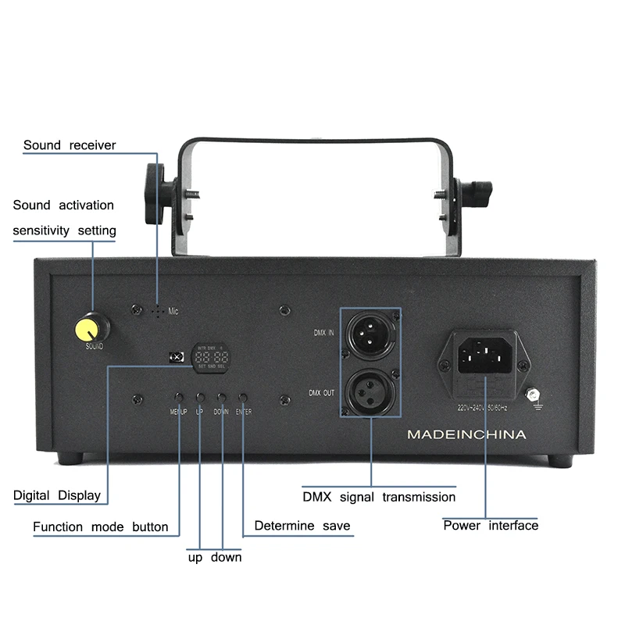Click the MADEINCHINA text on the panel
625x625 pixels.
tap(467, 434)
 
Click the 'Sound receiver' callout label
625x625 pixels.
tap(70, 145)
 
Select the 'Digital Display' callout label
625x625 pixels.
tap(57, 495)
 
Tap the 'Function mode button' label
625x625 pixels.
tap(101, 527)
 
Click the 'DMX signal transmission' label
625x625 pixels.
tap(379, 497)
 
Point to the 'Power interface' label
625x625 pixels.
tap(491, 525)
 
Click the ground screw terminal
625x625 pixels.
tap(535, 395)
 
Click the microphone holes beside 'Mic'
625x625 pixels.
tap(159, 310)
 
